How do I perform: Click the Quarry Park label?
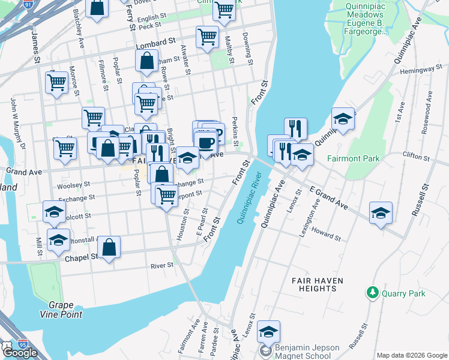coord(404,293)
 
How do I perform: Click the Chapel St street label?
coord(85,256)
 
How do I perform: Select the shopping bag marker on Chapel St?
coord(109,247)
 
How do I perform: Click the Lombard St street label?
coord(155,45)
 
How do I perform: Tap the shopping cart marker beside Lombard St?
coord(207,37)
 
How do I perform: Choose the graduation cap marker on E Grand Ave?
coord(381,213)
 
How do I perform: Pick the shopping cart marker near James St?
coord(57,82)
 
